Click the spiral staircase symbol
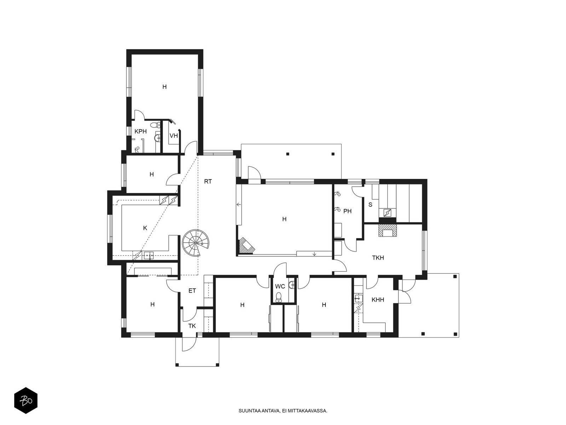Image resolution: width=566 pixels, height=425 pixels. pos(196,243)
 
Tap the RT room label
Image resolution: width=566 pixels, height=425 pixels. pos(208,181)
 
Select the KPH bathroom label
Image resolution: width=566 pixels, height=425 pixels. pos(140,131)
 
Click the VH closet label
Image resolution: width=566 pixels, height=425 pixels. pos(174,136)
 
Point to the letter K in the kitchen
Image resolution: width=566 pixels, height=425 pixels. pos(145,228)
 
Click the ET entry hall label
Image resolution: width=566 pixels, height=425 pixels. pos(192,291)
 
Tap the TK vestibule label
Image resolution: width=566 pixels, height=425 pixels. pos(192,326)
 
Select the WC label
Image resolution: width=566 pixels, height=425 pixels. pos(280,287)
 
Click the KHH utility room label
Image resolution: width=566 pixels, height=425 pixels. pos(378,300)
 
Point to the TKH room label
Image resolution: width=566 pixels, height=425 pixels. pos(378,257)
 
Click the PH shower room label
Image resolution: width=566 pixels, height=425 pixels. pos(347,211)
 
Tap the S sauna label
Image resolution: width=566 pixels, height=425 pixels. pos(370,205)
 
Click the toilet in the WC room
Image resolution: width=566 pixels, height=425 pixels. pos(278,297)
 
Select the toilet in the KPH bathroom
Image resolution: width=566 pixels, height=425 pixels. pos(155,125)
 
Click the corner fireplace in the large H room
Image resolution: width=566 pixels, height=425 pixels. pos(246,246)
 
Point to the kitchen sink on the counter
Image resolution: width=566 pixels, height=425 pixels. pos(149,255)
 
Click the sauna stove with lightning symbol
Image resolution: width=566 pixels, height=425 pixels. pos(388,213)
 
